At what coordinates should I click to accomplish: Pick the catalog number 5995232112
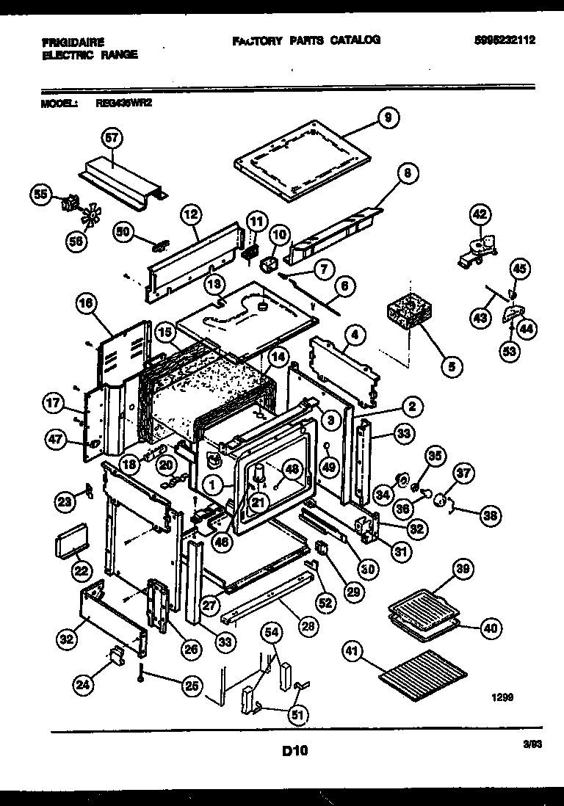pyautogui.click(x=504, y=41)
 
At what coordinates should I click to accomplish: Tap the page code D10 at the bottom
pyautogui.click(x=294, y=751)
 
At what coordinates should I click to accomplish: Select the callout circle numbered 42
pyautogui.click(x=479, y=214)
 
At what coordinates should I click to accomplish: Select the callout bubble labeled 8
pyautogui.click(x=408, y=174)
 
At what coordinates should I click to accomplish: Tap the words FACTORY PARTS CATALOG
pyautogui.click(x=306, y=41)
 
